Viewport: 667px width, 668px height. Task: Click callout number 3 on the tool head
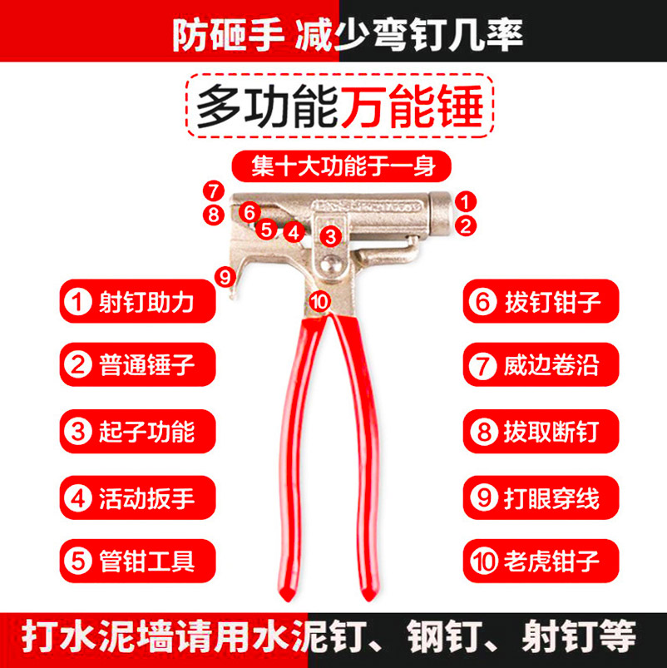tap(331, 235)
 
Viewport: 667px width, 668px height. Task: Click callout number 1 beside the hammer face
tap(466, 200)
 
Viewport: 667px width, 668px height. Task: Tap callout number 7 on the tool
tap(214, 190)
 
